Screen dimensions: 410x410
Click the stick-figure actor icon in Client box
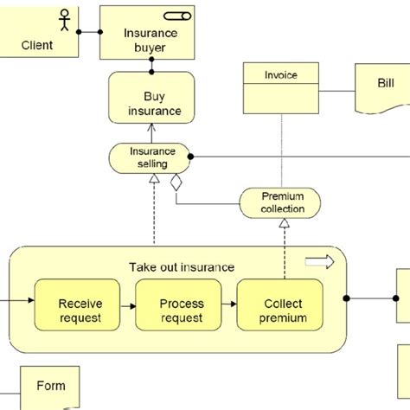point(65,20)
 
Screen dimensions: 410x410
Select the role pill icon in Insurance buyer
point(177,16)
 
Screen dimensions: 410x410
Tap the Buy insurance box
point(151,98)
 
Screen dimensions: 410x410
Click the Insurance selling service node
point(150,158)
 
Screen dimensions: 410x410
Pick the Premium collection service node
point(280,203)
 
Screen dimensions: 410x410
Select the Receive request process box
point(77,304)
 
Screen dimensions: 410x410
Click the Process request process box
point(178,304)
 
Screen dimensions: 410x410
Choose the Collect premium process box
point(279,304)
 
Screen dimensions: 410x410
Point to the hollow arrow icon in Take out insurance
point(320,262)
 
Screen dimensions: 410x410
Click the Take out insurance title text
point(182,267)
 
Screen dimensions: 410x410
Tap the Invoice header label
point(281,75)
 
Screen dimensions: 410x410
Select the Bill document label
point(386,83)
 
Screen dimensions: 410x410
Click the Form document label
point(51,386)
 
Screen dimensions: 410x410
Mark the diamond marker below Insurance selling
point(176,183)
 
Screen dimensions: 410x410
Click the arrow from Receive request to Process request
point(128,306)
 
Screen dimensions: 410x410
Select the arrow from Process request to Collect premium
point(229,304)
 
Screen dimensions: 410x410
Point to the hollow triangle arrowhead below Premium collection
point(285,223)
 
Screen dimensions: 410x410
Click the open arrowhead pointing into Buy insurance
point(151,128)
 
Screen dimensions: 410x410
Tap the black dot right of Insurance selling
point(190,157)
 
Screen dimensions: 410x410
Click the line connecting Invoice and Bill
point(337,91)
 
